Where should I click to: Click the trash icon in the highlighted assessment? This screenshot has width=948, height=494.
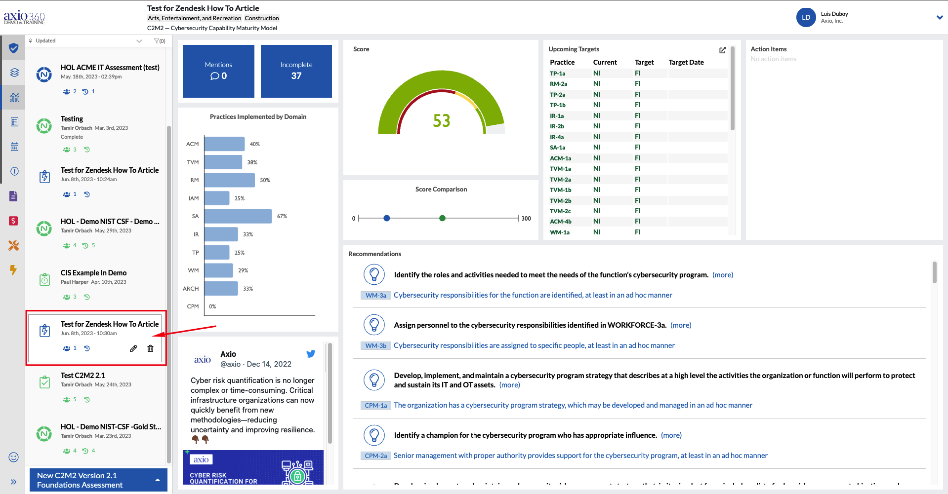pyautogui.click(x=150, y=348)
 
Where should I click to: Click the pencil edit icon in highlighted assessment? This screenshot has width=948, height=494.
pyautogui.click(x=133, y=348)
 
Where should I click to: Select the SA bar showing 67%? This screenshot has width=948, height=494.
pyautogui.click(x=238, y=216)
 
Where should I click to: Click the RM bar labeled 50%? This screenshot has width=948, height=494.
pyautogui.click(x=229, y=180)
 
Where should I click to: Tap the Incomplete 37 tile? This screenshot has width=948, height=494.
pyautogui.click(x=296, y=71)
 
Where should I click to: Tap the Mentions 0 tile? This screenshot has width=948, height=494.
pyautogui.click(x=218, y=71)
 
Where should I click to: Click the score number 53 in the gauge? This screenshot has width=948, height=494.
pyautogui.click(x=441, y=121)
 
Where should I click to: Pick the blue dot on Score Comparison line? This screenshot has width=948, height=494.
pyautogui.click(x=387, y=218)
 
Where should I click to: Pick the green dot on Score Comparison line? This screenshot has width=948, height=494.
pyautogui.click(x=442, y=218)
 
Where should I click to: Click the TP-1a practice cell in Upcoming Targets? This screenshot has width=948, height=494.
pyautogui.click(x=558, y=74)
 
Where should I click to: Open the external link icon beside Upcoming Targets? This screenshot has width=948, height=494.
pyautogui.click(x=722, y=50)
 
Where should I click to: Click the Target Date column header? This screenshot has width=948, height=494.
pyautogui.click(x=686, y=62)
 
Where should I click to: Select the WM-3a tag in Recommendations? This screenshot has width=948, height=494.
pyautogui.click(x=375, y=295)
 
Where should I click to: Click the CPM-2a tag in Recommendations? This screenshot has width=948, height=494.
pyautogui.click(x=375, y=456)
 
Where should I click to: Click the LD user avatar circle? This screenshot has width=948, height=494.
pyautogui.click(x=806, y=17)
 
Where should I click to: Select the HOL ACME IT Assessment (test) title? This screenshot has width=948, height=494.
pyautogui.click(x=110, y=68)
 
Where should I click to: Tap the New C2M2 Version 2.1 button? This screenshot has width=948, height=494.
pyautogui.click(x=98, y=480)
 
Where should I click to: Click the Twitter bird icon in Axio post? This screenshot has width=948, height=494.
pyautogui.click(x=311, y=354)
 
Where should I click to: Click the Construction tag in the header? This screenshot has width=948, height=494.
pyautogui.click(x=262, y=18)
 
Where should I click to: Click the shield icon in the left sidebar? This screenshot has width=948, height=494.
pyautogui.click(x=14, y=48)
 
